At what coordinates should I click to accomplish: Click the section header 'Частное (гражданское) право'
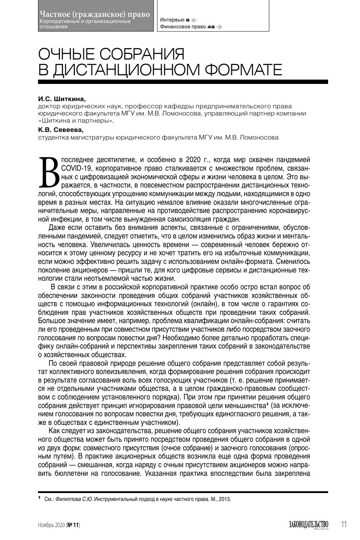[x=95, y=14]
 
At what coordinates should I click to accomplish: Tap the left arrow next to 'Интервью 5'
[x=194, y=20]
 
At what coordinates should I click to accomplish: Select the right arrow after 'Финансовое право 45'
[x=219, y=27]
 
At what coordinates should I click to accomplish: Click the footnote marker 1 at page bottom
[x=39, y=498]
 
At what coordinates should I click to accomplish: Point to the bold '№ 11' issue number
[x=74, y=525]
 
